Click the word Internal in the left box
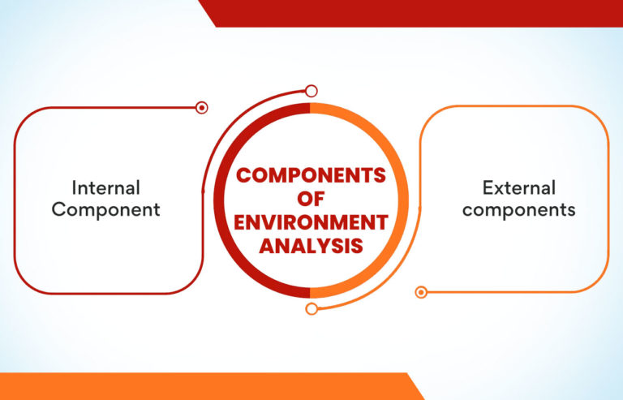coord(106,188)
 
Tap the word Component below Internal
coord(106,209)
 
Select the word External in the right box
coord(519,188)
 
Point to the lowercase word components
coord(519,209)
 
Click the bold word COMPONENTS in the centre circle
coord(311,175)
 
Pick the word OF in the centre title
coord(311,199)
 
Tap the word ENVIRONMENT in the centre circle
coord(311,222)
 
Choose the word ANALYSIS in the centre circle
coord(311,246)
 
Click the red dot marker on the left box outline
coord(202,107)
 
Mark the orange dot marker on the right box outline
coord(420,292)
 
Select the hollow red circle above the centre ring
coord(311,92)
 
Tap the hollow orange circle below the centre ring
coord(311,308)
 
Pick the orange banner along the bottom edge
coord(203,386)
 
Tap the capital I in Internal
coord(75,188)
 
